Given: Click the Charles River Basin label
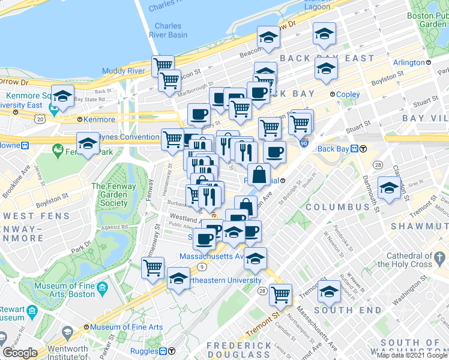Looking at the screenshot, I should click(x=171, y=30).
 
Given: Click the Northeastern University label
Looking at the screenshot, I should click(x=222, y=280).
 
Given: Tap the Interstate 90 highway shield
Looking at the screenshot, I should click(x=304, y=143).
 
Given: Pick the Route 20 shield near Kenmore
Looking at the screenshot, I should click(x=40, y=119).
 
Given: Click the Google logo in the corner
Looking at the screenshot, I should click(x=20, y=352).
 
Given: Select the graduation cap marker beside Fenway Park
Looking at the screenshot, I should click(x=88, y=144).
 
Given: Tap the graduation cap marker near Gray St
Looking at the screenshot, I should click(x=389, y=188).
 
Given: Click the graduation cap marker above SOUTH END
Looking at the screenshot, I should click(x=328, y=292).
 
